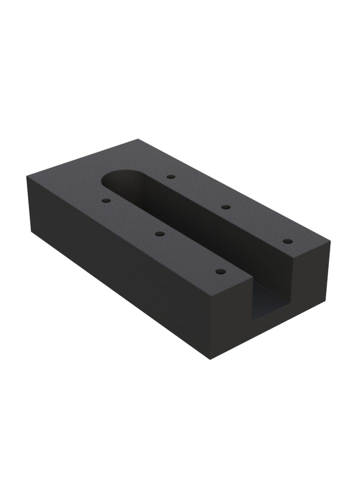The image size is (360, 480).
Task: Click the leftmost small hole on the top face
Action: [x=106, y=201]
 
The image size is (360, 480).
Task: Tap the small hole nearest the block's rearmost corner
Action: [x=170, y=177]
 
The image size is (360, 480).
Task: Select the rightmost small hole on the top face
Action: [x=286, y=242]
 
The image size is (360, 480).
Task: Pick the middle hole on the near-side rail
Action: [x=159, y=233]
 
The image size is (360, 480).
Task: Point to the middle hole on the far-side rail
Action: [x=226, y=207]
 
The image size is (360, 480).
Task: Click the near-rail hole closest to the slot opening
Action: [x=220, y=272]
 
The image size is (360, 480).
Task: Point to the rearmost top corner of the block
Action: [x=137, y=140]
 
